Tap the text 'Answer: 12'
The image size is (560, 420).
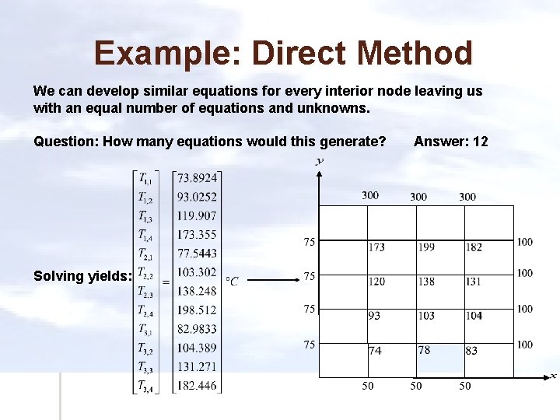451,141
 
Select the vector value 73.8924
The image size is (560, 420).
198,178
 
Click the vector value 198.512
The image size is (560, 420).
198,310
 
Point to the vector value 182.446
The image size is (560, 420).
198,385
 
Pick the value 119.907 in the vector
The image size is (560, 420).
198,215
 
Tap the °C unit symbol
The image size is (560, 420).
232,281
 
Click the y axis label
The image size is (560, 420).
320,161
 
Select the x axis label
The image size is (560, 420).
553,376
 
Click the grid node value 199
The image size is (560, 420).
425,247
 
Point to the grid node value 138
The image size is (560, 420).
425,282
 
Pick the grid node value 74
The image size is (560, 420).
376,351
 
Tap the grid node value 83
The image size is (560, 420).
471,351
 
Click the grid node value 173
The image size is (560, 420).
376,247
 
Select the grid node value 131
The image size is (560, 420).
473,282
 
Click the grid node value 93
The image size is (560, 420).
375,316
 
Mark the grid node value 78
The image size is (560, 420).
424,350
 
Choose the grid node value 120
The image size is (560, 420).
376,282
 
